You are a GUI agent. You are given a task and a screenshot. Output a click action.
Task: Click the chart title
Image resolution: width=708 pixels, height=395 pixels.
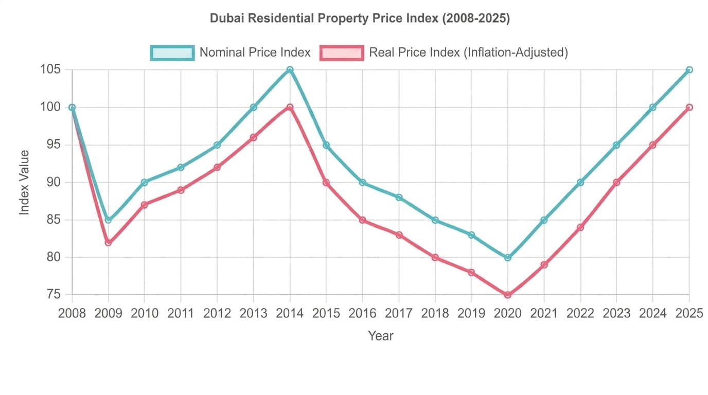[x=360, y=19]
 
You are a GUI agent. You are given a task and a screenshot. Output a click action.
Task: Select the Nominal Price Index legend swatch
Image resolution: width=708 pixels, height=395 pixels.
[x=172, y=53]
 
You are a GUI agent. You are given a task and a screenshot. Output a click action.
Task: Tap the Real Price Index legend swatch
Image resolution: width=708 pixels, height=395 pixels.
[x=342, y=53]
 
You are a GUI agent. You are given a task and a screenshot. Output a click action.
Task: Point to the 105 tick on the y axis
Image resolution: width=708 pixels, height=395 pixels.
[x=50, y=69]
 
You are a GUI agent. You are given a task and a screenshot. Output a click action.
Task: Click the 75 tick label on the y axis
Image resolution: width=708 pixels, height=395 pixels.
[x=54, y=295]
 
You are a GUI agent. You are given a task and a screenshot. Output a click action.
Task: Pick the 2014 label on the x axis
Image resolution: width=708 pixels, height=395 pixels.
[x=290, y=313]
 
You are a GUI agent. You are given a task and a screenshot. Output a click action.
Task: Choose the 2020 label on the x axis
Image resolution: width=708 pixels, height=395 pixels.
[x=508, y=313]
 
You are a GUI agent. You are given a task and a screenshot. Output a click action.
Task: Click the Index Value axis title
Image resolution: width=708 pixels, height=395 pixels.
[x=24, y=183]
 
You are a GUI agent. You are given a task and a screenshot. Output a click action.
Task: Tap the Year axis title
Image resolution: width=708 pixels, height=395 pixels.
[x=381, y=335]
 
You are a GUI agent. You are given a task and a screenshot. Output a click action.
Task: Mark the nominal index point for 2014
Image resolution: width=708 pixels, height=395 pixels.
[x=290, y=69]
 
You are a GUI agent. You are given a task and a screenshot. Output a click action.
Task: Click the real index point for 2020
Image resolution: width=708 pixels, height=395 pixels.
[x=508, y=295]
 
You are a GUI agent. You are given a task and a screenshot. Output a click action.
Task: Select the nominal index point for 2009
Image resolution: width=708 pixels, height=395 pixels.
[x=108, y=220]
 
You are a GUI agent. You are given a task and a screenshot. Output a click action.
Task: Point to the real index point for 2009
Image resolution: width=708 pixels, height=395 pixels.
[x=108, y=243]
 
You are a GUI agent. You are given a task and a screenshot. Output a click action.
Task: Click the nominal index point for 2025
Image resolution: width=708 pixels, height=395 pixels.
[x=689, y=69]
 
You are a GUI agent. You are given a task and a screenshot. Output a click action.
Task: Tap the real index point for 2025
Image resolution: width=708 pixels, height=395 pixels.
[x=689, y=107]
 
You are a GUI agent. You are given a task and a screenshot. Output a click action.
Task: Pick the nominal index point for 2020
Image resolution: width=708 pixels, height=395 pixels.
[x=508, y=258]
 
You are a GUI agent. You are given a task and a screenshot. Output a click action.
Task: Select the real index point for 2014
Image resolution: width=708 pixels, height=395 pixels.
[x=290, y=107]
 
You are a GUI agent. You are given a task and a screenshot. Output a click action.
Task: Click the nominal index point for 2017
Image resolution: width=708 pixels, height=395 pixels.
[x=399, y=197]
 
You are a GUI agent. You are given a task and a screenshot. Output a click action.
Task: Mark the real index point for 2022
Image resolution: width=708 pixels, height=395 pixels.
[x=580, y=227]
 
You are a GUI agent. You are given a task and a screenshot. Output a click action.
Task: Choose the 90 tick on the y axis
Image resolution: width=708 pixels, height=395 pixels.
[x=54, y=182]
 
